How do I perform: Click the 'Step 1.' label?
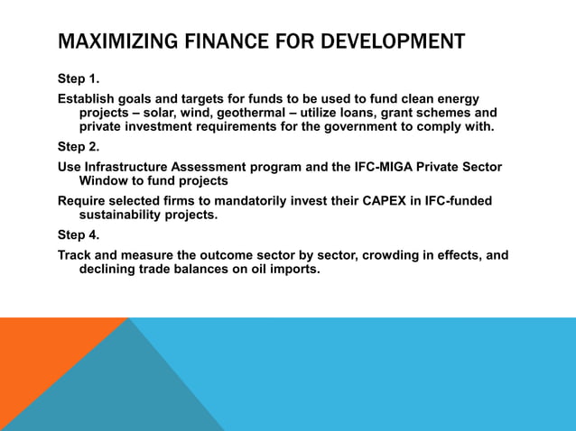(x=79, y=78)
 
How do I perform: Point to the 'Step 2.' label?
(x=79, y=147)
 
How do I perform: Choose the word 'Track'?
(x=76, y=255)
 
